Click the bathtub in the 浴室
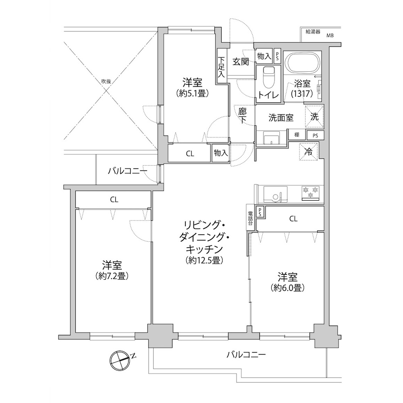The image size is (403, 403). tap(303, 63)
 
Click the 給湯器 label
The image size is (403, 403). tap(313, 32)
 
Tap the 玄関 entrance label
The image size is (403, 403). tap(241, 61)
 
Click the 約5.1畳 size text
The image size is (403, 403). tap(192, 93)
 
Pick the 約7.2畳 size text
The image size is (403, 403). tap(112, 276)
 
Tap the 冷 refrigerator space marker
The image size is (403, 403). tap(308, 152)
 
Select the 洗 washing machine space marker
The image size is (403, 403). tap(315, 117)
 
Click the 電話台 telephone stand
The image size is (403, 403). tap(250, 218)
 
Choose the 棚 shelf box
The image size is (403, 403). tap(297, 135)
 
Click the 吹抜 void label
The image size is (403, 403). tap(106, 81)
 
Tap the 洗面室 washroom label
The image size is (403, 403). tap(281, 118)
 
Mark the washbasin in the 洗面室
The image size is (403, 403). tap(272, 138)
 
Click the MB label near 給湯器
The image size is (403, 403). tap(330, 35)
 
